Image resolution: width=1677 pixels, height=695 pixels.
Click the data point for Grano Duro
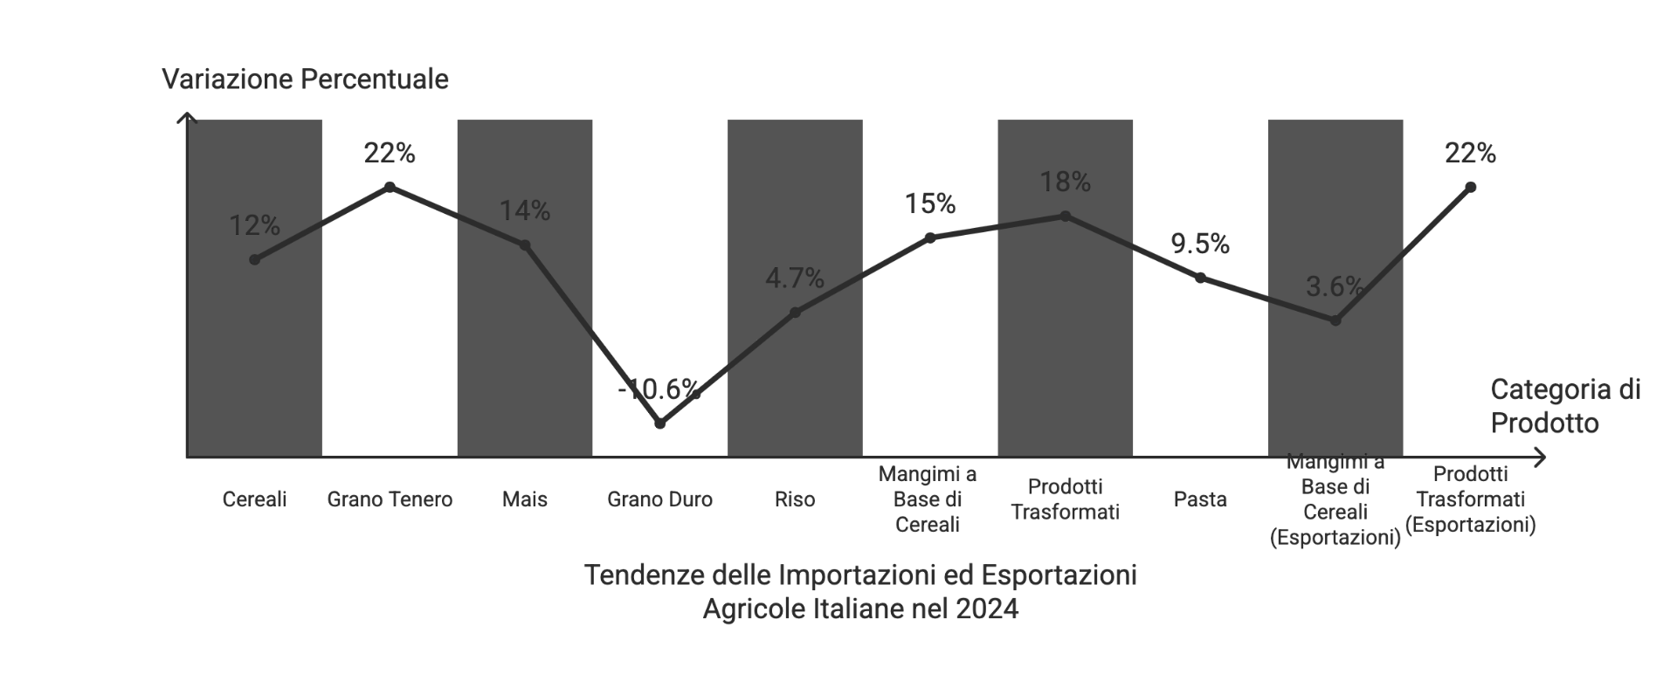point(660,424)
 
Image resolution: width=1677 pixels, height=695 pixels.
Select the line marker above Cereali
point(254,259)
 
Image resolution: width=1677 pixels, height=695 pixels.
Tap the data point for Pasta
point(1200,278)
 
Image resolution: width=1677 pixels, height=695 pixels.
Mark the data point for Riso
point(795,313)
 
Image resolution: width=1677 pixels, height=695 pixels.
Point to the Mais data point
point(525,245)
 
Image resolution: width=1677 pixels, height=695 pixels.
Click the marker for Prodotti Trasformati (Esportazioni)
point(1471,187)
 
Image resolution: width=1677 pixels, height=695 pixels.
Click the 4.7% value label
point(795,279)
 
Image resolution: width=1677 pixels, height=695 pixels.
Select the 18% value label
point(1065,182)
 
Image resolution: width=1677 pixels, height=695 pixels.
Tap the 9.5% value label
point(1200,244)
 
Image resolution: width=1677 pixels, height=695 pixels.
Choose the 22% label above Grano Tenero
point(390,154)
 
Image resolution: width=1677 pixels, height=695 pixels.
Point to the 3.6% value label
point(1335,286)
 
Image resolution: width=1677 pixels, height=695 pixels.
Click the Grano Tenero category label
point(390,499)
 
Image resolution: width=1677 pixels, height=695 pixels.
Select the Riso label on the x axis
point(795,499)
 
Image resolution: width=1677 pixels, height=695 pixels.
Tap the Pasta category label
point(1200,499)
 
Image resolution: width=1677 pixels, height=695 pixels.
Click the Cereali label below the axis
point(254,499)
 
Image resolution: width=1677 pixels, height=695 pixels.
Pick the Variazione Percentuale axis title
point(305,79)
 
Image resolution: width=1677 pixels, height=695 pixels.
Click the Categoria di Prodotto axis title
point(1565,406)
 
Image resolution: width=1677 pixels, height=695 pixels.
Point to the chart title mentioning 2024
point(860,592)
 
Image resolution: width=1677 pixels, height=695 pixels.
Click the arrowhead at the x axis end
point(1541,458)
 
